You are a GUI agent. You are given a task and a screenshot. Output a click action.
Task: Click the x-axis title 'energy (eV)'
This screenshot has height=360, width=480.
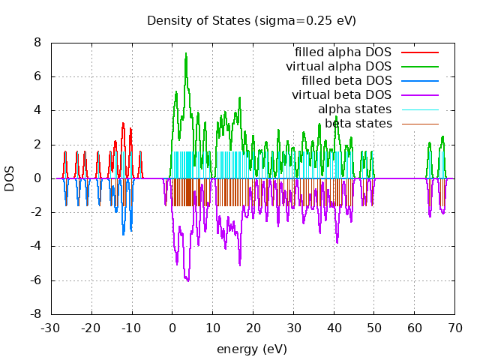[x=252, y=349]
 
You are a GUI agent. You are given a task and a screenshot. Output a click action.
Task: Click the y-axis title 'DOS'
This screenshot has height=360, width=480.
[x=10, y=178]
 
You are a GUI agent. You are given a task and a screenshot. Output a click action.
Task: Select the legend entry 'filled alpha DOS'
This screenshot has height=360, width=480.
[x=343, y=52]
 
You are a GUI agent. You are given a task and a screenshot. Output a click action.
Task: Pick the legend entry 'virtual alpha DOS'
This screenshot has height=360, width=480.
[x=338, y=67]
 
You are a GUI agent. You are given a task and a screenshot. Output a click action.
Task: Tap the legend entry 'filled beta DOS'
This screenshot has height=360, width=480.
[x=346, y=81]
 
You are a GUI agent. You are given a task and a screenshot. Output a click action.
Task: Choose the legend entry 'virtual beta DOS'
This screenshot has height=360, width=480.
[x=341, y=95]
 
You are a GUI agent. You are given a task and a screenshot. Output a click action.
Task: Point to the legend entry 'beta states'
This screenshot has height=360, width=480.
[x=358, y=124]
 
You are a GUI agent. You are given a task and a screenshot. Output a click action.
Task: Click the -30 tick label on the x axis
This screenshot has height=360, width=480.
[x=50, y=328]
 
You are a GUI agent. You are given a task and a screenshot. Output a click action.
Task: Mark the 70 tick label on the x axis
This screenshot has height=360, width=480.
[x=455, y=328]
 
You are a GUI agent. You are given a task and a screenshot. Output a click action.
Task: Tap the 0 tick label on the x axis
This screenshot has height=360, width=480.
[x=172, y=328]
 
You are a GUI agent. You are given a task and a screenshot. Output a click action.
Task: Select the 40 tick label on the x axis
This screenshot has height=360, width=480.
[x=334, y=328]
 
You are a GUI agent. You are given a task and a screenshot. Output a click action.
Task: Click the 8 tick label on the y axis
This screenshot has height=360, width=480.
[x=37, y=43]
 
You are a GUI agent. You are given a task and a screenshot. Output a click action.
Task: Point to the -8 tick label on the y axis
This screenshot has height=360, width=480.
[x=34, y=314]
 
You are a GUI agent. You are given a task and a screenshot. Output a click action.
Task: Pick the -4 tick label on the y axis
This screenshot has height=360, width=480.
[x=34, y=246]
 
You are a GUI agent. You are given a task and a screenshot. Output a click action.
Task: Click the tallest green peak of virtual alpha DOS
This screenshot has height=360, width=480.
[x=186, y=53]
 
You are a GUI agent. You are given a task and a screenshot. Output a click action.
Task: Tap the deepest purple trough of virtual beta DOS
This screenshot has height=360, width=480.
[x=187, y=280]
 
